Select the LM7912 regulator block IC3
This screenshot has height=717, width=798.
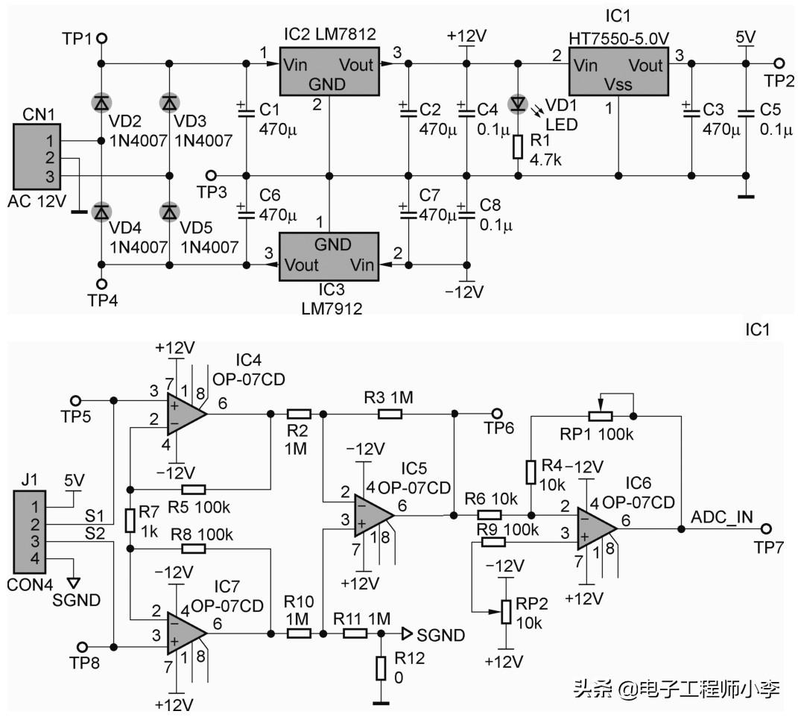click(x=329, y=256)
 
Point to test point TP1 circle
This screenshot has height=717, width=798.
click(x=102, y=38)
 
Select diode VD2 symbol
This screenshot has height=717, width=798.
click(x=102, y=102)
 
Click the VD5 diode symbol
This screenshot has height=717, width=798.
click(x=170, y=212)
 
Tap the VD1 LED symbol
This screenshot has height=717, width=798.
click(x=518, y=104)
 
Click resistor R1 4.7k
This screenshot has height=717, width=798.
click(x=518, y=147)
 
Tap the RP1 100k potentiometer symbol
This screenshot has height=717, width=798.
click(x=599, y=415)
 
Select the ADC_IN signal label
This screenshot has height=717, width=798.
click(x=721, y=516)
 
